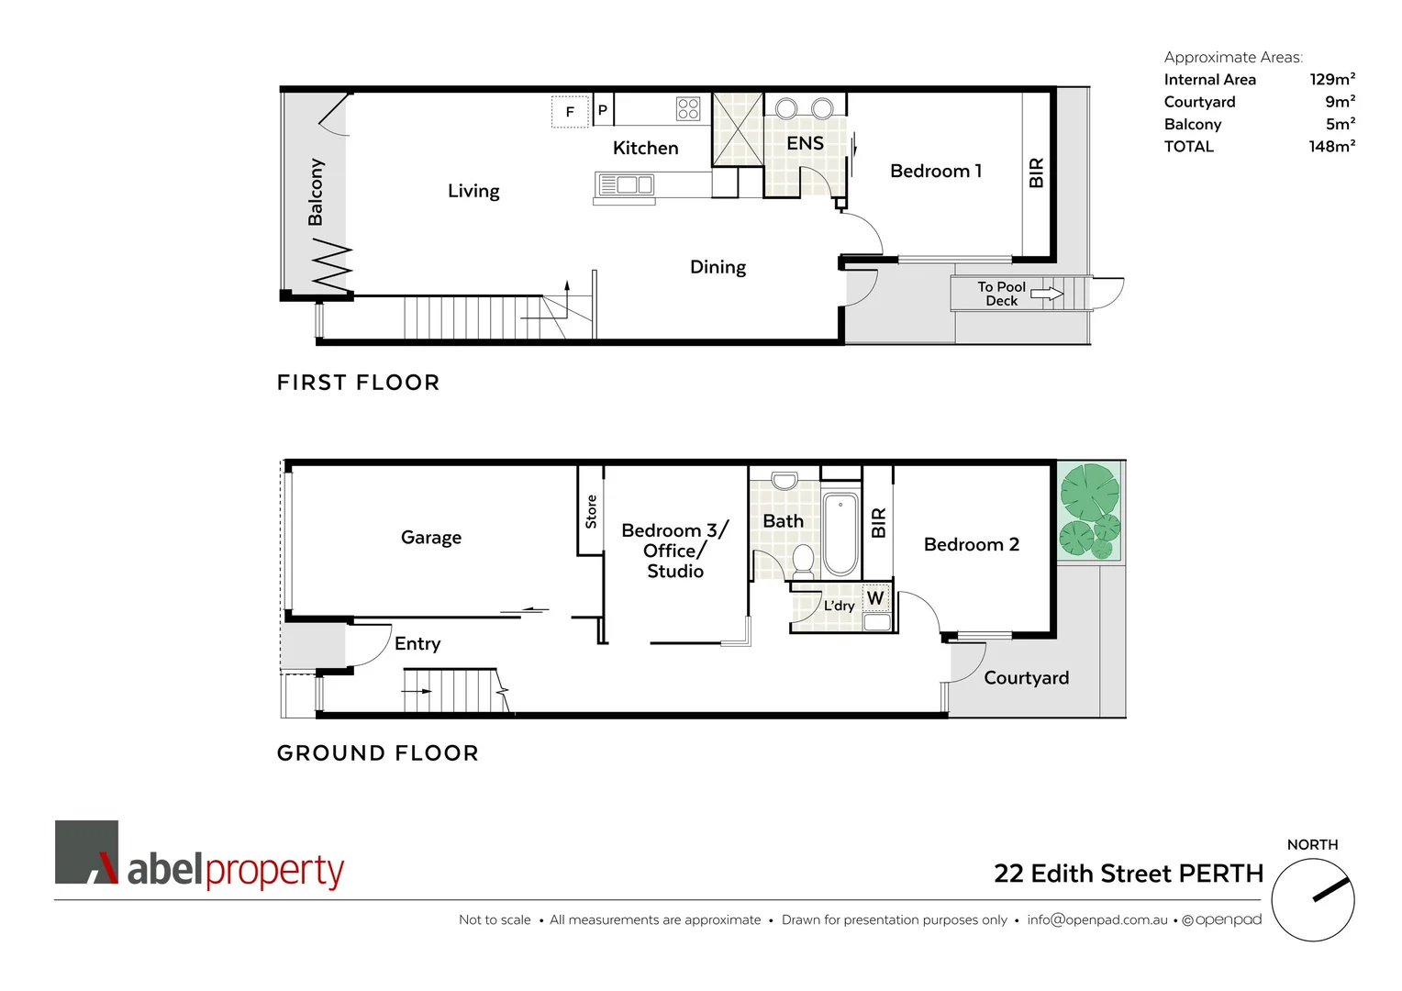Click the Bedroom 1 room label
935,172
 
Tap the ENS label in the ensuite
805,143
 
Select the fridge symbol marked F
570,112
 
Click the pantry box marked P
603,110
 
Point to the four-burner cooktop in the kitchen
688,109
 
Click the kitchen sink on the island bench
627,184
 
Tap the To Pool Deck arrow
1046,295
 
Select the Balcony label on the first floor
316,192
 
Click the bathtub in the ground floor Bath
840,534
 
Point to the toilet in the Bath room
803,559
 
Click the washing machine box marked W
875,598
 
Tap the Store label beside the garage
591,511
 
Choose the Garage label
430,538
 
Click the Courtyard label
1026,678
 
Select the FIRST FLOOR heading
358,383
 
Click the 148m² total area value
1331,147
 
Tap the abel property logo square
87,852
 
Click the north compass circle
1313,899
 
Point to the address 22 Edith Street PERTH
1128,874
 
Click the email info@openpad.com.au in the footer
1096,919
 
